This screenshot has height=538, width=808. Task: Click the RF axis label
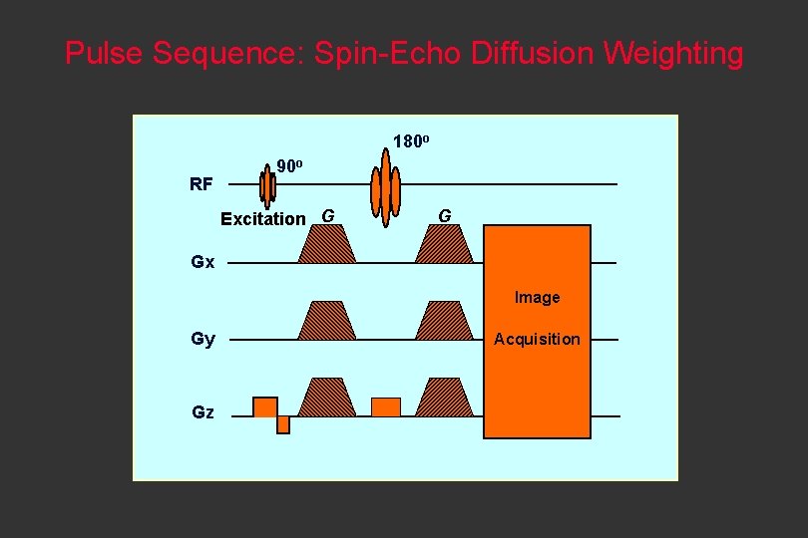tap(201, 184)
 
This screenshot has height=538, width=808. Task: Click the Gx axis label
tap(202, 262)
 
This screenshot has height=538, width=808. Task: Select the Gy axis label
tap(202, 340)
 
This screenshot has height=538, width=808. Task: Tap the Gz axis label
tap(202, 412)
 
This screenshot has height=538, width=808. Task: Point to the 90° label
tap(289, 166)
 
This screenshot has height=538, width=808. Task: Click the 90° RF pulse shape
tap(266, 185)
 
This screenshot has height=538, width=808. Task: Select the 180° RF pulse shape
tap(385, 185)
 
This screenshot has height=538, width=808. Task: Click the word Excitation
tap(263, 218)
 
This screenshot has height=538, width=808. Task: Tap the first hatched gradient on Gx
tap(326, 243)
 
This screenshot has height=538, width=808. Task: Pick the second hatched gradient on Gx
tap(444, 243)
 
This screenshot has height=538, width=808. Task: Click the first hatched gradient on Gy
tap(326, 321)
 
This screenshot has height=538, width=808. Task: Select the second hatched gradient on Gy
tap(444, 321)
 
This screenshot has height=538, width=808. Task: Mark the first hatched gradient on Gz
tap(326, 397)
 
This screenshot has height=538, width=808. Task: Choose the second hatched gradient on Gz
tap(444, 397)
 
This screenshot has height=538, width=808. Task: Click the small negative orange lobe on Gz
tap(283, 424)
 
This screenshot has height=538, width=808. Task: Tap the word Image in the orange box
tap(537, 297)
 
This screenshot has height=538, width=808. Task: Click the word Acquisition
tap(537, 339)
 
